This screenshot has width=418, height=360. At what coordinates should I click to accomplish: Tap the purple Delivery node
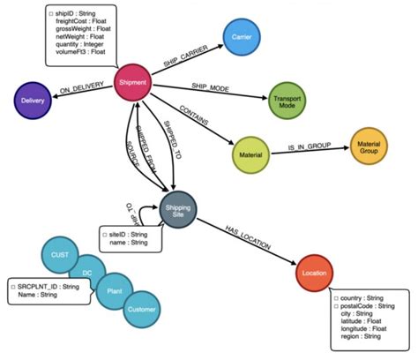pos(28,101)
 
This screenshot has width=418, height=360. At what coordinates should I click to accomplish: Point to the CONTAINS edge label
pos(194,114)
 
